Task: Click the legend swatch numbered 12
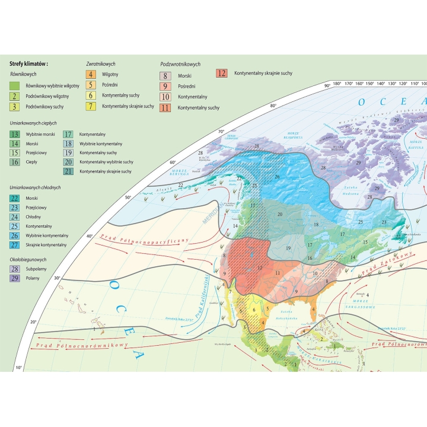tap(222, 74)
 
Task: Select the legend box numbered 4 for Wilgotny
tap(91, 75)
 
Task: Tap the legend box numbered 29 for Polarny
tap(15, 279)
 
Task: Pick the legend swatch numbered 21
tap(68, 171)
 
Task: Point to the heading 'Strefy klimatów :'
tap(28, 63)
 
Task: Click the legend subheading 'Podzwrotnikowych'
tap(180, 64)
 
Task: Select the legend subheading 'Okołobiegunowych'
tap(27, 259)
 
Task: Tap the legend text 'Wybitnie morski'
tap(40, 134)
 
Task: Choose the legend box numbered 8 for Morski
tap(166, 76)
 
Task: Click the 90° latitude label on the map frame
tap(326, 87)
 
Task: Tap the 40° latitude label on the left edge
tap(90, 236)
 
